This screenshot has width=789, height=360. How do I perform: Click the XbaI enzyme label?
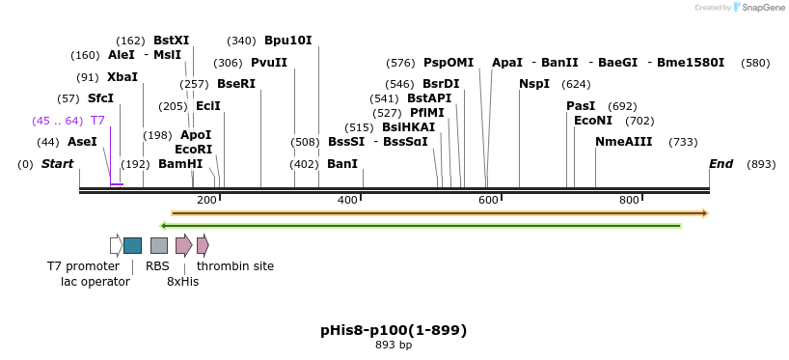click(x=122, y=77)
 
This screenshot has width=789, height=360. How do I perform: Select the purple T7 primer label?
click(x=97, y=121)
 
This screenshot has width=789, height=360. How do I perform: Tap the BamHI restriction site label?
click(x=180, y=164)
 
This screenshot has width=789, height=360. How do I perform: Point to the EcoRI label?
click(x=193, y=150)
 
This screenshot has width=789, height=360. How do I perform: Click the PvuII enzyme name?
click(x=269, y=63)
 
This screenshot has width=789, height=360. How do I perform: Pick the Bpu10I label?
click(x=288, y=41)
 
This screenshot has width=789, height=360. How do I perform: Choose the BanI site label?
click(x=342, y=164)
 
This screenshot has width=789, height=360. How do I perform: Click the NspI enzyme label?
click(x=534, y=84)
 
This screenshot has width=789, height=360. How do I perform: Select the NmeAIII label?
click(x=623, y=142)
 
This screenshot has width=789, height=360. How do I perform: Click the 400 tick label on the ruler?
click(x=347, y=200)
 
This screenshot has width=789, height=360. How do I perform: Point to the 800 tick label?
click(x=629, y=200)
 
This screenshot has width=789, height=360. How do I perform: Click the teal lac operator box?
click(x=132, y=245)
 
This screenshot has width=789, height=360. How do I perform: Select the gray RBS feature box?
click(x=159, y=245)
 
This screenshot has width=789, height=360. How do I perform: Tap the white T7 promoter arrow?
click(x=116, y=245)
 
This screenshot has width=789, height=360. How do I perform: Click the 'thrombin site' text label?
click(x=235, y=266)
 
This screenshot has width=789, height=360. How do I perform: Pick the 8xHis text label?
click(x=182, y=282)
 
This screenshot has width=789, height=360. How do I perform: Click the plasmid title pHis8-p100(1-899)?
click(x=394, y=330)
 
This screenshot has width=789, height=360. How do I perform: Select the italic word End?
click(x=721, y=164)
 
